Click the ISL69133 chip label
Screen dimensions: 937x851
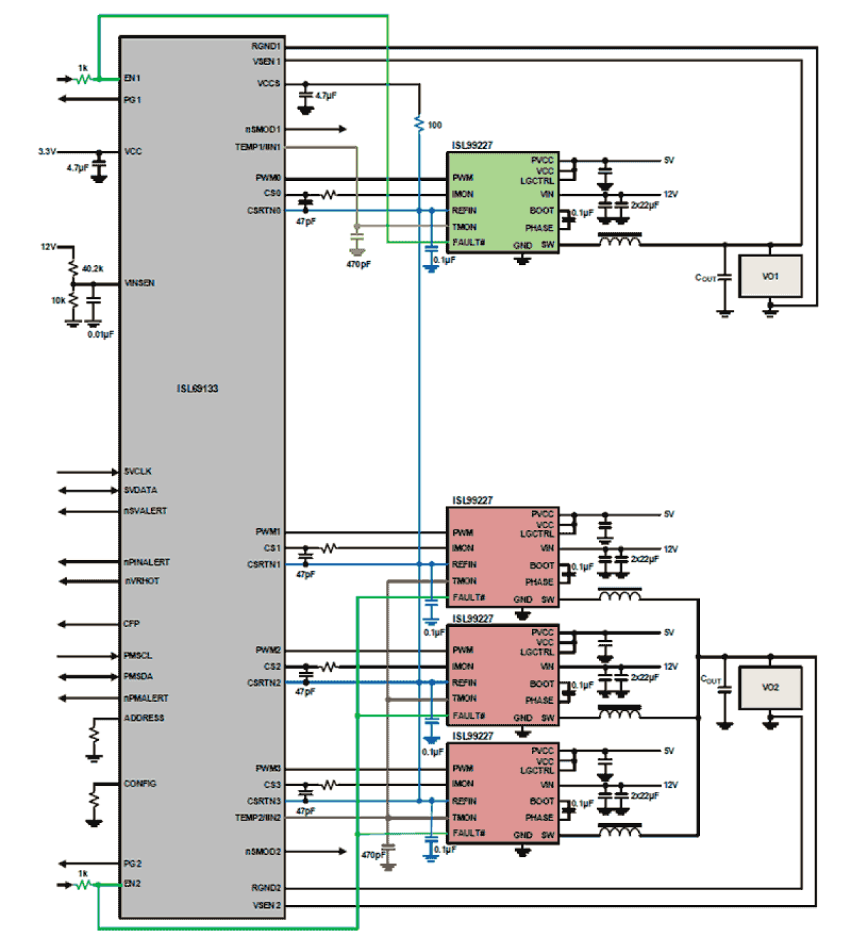click(197, 388)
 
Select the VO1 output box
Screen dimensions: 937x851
click(770, 276)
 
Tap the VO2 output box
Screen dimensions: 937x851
click(770, 687)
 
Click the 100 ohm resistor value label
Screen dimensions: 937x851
click(434, 125)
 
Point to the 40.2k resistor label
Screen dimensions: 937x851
click(93, 269)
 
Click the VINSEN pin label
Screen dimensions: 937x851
click(140, 283)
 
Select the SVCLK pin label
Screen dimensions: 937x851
click(138, 471)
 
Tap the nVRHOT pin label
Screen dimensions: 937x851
click(142, 581)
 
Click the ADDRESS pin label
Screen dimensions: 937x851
click(144, 718)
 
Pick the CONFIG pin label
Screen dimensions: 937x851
click(140, 784)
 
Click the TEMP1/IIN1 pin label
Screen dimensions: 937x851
click(257, 147)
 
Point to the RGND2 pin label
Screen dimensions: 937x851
click(266, 888)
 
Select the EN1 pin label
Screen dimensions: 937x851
click(132, 79)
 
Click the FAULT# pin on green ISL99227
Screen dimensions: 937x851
click(468, 242)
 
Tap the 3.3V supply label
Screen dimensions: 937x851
click(47, 151)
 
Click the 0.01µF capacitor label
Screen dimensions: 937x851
click(100, 334)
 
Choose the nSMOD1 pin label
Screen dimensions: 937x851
click(262, 129)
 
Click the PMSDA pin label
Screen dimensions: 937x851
click(138, 677)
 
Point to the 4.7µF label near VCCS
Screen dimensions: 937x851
click(326, 96)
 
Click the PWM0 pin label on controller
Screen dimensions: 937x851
click(268, 178)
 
